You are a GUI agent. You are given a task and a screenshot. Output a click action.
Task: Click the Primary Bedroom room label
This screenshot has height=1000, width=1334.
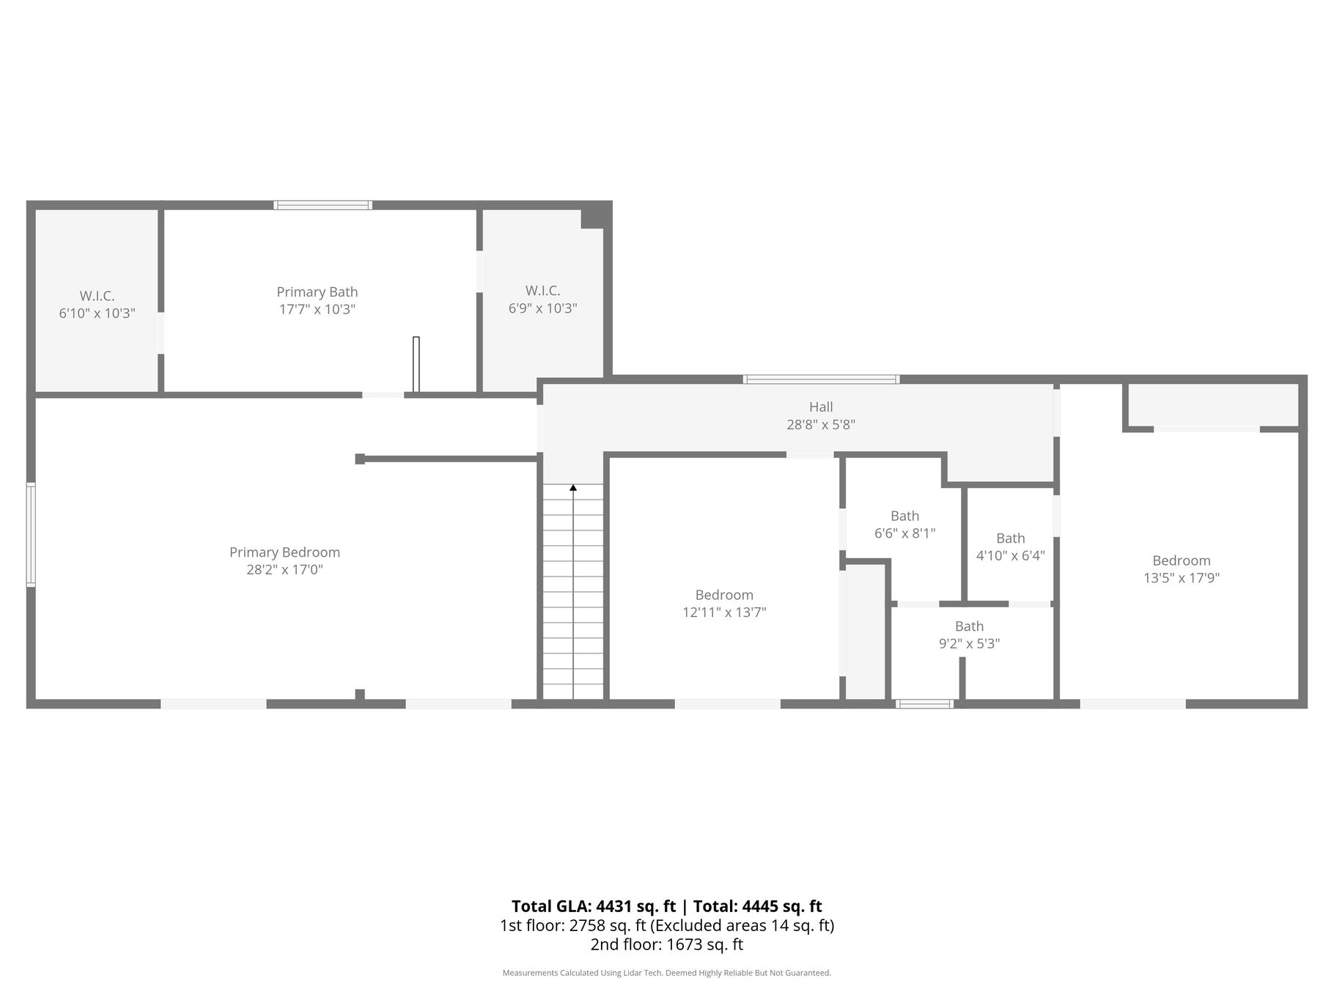click(x=284, y=552)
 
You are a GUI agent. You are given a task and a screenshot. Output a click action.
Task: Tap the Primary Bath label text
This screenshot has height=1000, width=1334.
click(x=317, y=292)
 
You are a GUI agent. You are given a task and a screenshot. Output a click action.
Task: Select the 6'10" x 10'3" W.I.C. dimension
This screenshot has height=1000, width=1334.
click(x=97, y=314)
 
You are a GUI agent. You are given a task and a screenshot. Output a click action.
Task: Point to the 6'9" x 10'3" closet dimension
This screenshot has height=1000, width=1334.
click(x=543, y=308)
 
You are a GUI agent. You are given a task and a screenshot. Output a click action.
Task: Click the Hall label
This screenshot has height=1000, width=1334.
click(x=821, y=407)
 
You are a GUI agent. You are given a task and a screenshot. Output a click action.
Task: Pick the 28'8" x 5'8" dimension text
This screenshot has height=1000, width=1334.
click(x=821, y=424)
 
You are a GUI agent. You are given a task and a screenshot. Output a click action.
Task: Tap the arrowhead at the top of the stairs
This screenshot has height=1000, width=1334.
click(x=573, y=487)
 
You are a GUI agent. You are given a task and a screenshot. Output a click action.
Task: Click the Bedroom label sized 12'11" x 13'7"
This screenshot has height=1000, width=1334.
click(x=724, y=595)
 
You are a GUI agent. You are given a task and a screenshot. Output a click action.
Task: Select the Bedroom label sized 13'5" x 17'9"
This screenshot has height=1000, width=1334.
click(x=1182, y=560)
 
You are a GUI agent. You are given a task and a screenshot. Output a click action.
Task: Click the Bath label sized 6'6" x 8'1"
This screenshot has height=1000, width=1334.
click(x=905, y=516)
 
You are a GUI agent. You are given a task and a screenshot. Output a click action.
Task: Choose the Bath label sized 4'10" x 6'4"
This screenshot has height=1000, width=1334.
click(x=1011, y=538)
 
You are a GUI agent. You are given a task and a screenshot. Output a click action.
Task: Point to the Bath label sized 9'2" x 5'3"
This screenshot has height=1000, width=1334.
click(x=969, y=626)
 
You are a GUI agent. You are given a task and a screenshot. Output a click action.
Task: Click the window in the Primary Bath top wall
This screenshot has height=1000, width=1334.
click(x=323, y=205)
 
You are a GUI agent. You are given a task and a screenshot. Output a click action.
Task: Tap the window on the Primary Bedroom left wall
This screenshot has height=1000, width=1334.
click(x=31, y=534)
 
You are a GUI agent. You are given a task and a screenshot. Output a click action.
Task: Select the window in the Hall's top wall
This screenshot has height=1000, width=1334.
click(x=821, y=379)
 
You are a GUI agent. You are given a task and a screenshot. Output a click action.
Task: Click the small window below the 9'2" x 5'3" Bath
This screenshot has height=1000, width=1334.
click(x=924, y=704)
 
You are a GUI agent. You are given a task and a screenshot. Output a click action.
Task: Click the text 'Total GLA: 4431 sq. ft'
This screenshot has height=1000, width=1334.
click(x=594, y=906)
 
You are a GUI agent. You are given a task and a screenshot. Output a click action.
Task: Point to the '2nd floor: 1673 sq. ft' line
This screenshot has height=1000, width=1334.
click(x=667, y=944)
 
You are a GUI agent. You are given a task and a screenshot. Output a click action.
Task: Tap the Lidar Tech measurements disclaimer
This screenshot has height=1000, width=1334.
click(x=667, y=973)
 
